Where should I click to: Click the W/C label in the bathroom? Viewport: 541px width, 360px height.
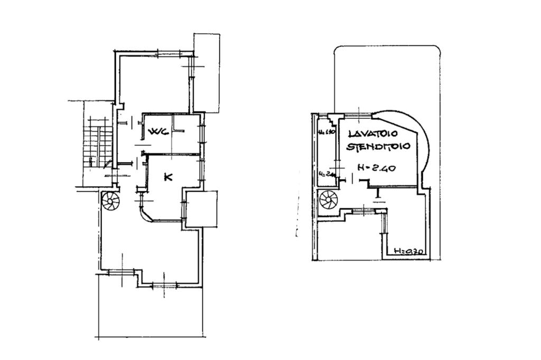pyautogui.click(x=158, y=132)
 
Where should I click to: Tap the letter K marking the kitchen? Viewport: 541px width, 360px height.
pyautogui.click(x=168, y=177)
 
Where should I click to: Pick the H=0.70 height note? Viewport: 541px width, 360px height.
pyautogui.click(x=409, y=252)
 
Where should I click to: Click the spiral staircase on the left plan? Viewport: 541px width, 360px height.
pyautogui.click(x=111, y=201)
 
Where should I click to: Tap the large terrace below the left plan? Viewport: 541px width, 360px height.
pyautogui.click(x=151, y=312)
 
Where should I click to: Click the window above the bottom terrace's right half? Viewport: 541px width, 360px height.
pyautogui.click(x=168, y=286)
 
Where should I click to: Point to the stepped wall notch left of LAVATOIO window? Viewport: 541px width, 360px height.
pyautogui.click(x=333, y=119)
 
